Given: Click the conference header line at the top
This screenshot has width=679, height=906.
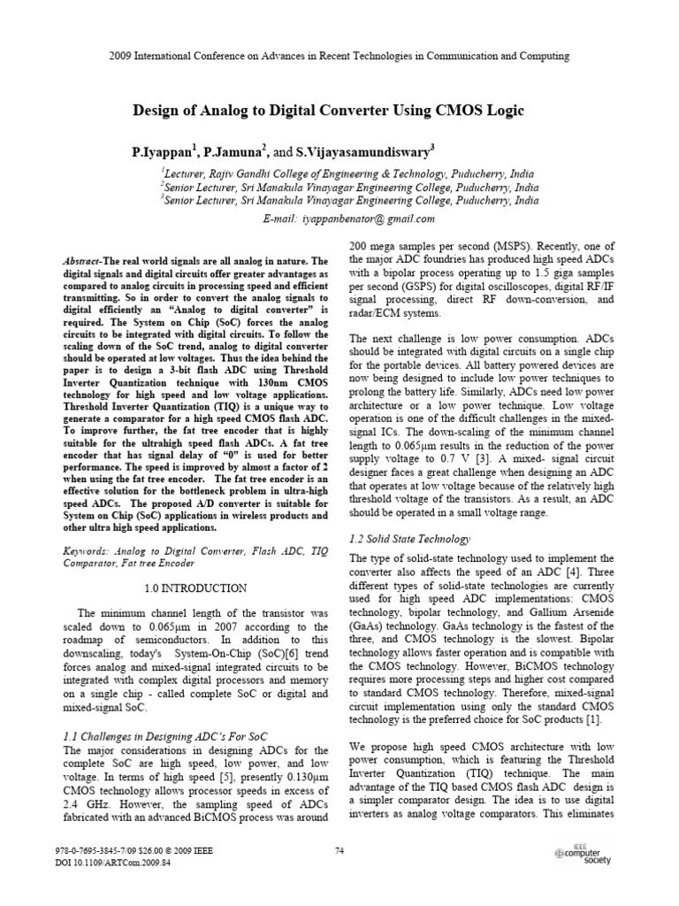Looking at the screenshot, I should click(x=339, y=56).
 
